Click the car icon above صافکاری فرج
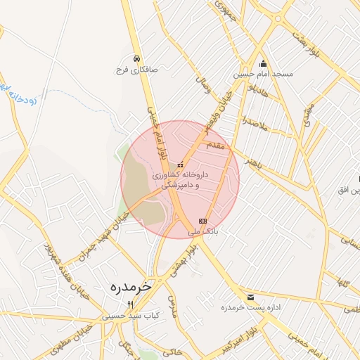click(136, 59)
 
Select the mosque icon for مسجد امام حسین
click(264, 63)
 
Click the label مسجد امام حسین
click(264, 73)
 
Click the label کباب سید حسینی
click(131, 316)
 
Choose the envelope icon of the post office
click(251, 297)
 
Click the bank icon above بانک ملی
click(203, 221)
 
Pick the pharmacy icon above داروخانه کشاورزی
click(180, 163)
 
